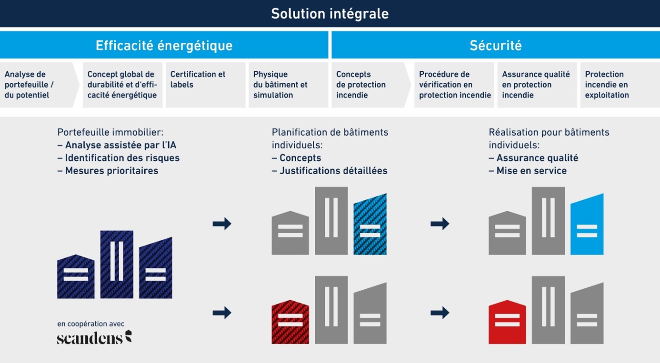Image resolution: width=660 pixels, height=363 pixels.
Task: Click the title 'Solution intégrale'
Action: click(330, 14)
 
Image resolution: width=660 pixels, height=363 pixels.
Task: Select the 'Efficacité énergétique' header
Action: click(164, 45)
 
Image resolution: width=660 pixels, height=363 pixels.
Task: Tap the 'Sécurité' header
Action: click(496, 45)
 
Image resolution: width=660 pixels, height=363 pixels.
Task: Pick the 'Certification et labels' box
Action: click(205, 85)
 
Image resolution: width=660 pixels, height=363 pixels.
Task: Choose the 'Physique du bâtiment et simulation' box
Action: click(288, 85)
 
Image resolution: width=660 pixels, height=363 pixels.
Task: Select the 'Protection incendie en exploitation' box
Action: click(620, 85)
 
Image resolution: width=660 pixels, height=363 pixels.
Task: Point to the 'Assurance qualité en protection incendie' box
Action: click(537, 85)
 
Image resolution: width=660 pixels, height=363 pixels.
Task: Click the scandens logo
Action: click(94, 337)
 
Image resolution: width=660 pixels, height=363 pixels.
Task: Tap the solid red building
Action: click(507, 322)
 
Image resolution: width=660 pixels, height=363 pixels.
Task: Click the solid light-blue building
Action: click(587, 225)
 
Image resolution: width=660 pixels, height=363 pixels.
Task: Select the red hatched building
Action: click(290, 322)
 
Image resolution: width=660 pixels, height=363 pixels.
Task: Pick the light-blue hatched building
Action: click(370, 225)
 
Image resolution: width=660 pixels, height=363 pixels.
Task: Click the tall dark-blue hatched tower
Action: click(117, 265)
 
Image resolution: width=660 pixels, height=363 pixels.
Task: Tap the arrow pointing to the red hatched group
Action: click(222, 313)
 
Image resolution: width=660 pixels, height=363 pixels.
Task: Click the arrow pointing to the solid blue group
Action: click(440, 224)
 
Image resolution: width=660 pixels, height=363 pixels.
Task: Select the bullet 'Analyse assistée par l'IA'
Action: click(117, 145)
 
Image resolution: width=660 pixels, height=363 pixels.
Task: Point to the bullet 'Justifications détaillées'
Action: click(330, 171)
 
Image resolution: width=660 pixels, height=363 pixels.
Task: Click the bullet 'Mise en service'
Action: click(528, 171)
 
